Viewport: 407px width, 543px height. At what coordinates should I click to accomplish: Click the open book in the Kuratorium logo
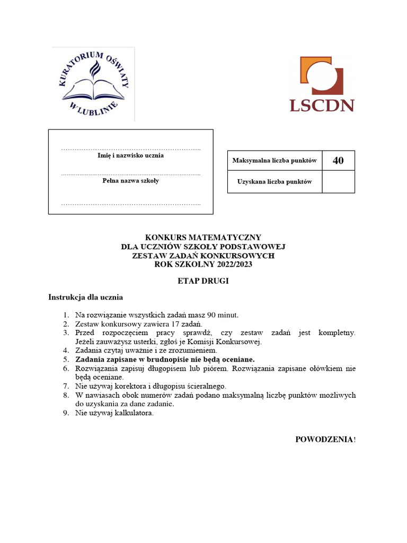click(x=93, y=88)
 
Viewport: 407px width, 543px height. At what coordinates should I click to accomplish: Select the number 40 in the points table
click(x=338, y=161)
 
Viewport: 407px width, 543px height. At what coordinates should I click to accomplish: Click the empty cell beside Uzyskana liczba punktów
click(x=338, y=182)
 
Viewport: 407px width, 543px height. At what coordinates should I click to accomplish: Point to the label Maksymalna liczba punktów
click(x=275, y=161)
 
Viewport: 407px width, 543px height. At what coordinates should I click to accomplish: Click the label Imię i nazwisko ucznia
click(x=131, y=156)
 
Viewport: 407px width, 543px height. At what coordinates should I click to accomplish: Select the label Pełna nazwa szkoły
click(x=131, y=181)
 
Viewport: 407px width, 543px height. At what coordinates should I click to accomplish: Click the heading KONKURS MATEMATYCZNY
click(x=203, y=238)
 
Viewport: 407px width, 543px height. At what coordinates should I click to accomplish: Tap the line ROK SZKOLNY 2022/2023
click(x=203, y=265)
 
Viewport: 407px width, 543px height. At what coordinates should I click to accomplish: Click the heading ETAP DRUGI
click(x=203, y=281)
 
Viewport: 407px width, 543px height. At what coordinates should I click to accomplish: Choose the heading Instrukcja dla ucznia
click(x=86, y=297)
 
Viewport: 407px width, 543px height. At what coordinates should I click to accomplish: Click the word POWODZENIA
click(x=324, y=439)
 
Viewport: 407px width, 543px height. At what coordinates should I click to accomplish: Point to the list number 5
click(x=66, y=359)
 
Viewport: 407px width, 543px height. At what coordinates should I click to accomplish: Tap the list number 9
click(x=66, y=413)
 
